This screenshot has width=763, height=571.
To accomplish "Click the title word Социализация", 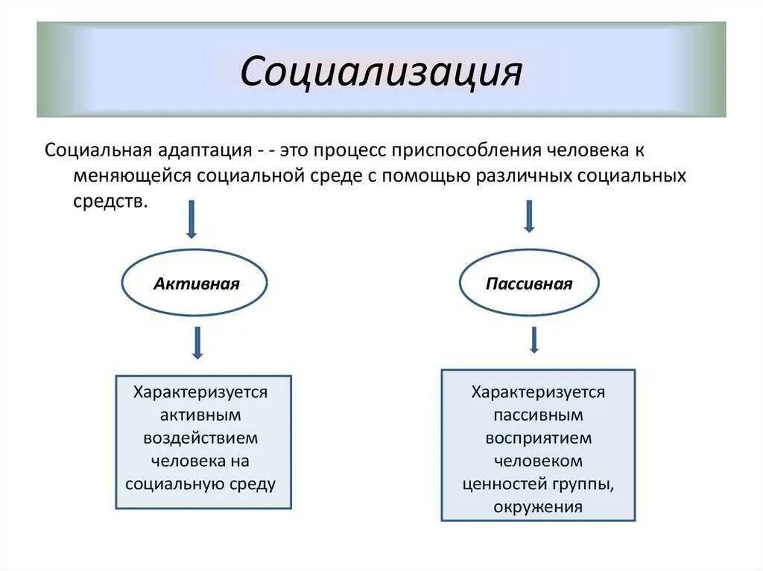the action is click(x=381, y=71).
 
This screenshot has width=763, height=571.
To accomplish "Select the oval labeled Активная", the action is click(x=194, y=284).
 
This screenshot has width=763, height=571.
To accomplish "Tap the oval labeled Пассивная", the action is click(x=528, y=284).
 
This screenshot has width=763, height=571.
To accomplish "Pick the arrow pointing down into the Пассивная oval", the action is click(x=529, y=216).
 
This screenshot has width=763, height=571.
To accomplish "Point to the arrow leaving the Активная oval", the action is click(x=197, y=342).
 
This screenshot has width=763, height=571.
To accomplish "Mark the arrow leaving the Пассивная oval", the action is click(x=534, y=339).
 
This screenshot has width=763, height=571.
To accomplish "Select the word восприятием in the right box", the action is click(x=539, y=438).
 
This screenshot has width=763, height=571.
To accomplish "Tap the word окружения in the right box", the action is click(x=538, y=507).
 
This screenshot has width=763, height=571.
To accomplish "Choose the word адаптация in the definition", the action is click(x=203, y=150).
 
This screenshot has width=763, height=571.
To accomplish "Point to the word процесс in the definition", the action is click(x=349, y=150).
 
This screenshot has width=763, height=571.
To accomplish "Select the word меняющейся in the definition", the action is click(x=131, y=176).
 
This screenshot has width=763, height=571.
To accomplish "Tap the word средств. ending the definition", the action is click(x=110, y=202).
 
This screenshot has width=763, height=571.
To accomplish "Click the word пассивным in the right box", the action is click(x=538, y=415).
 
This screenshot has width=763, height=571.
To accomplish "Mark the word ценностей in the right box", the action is click(x=505, y=484).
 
